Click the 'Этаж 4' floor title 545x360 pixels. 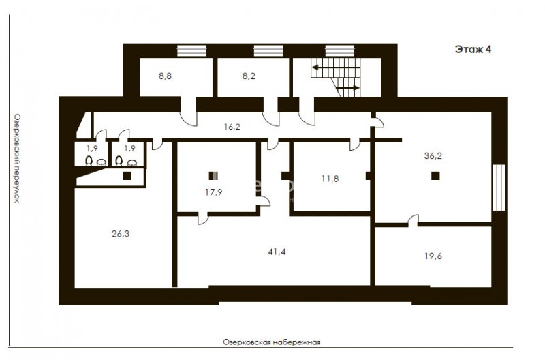click(473, 49)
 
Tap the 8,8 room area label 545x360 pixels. click(165, 76)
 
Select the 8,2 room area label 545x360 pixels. click(249, 76)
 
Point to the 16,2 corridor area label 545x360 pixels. click(232, 127)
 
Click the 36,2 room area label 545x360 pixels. click(433, 156)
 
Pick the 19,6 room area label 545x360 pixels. click(433, 256)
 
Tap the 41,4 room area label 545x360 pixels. click(277, 252)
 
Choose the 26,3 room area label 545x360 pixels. click(121, 234)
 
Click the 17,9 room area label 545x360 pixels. click(214, 192)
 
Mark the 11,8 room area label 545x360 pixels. click(330, 179)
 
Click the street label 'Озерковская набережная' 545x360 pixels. click(271, 342)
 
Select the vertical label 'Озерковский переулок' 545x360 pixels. click(16, 158)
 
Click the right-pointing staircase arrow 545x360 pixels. click(348, 88)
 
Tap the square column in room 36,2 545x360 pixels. click(435, 176)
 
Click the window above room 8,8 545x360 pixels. click(192, 50)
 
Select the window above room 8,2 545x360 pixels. click(268, 50)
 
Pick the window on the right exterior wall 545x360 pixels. click(499, 187)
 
